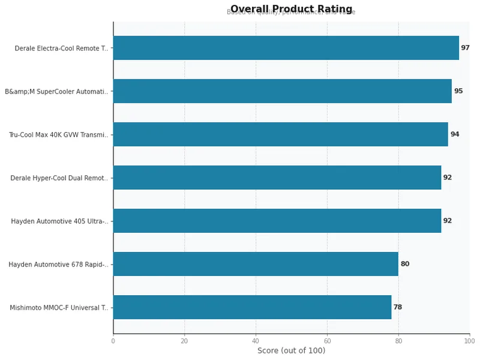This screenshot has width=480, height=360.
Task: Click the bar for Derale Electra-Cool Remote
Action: pyautogui.click(x=286, y=48)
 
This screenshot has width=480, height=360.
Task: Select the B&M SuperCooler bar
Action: pyautogui.click(x=282, y=91)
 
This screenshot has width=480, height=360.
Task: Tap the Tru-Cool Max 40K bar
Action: pyautogui.click(x=280, y=134)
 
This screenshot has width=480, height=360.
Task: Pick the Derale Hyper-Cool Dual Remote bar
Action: pyautogui.click(x=277, y=178)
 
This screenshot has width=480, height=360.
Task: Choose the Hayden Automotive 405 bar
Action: pyautogui.click(x=277, y=221)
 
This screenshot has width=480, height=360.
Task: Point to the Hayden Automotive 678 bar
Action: pyautogui.click(x=256, y=264)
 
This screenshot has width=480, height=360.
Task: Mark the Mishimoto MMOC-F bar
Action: pyautogui.click(x=252, y=307)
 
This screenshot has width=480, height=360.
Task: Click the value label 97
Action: pyautogui.click(x=465, y=48)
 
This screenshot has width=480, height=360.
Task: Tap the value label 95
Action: pyautogui.click(x=458, y=91)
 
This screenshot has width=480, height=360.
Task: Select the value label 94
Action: pyautogui.click(x=455, y=134)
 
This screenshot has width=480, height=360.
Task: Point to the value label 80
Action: pyautogui.click(x=405, y=264)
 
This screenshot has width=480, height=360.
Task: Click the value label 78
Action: pyautogui.click(x=398, y=307)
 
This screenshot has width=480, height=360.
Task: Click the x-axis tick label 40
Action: pyautogui.click(x=256, y=341)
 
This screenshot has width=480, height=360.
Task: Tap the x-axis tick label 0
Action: pyautogui.click(x=113, y=341)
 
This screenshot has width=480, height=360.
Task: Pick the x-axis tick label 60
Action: pyautogui.click(x=327, y=341)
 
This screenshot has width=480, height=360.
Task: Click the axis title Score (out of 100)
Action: pyautogui.click(x=291, y=351)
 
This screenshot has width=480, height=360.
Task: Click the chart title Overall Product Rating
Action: pyautogui.click(x=291, y=9)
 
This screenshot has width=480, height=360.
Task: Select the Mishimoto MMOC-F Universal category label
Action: pyautogui.click(x=59, y=308)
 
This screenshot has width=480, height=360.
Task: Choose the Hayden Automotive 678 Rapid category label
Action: pyautogui.click(x=58, y=265)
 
